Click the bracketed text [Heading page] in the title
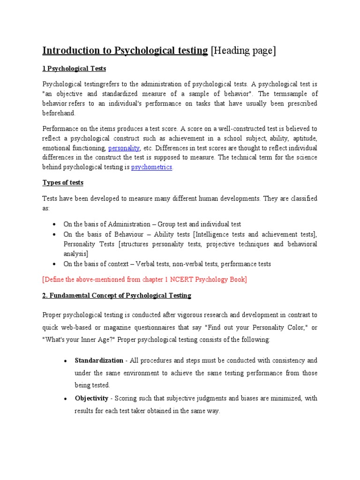243,51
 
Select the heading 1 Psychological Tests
74,69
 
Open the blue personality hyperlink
124,148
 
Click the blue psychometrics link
152,167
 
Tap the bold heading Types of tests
63,182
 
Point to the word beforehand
59,113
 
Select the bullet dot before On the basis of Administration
55,225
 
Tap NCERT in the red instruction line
181,280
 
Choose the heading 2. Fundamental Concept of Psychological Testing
117,296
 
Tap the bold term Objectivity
92,398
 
